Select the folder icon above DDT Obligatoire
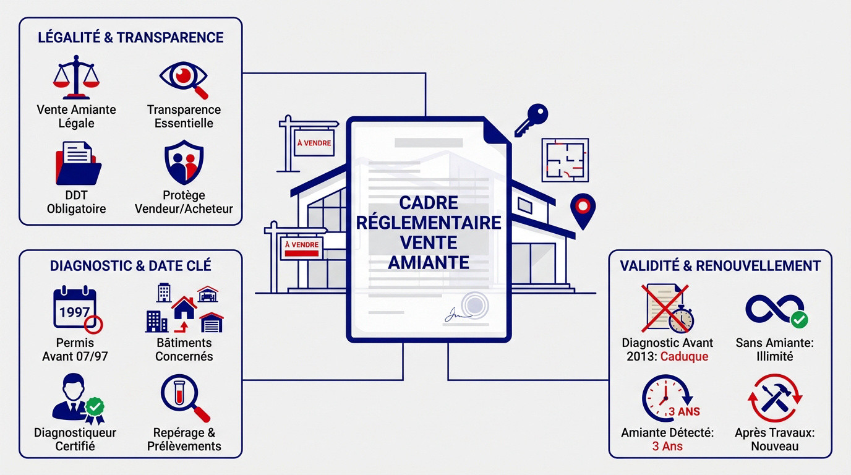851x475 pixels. point(77,164)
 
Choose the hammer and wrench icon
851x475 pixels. point(774,396)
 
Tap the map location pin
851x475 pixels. point(582,210)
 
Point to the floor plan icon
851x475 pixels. point(564,160)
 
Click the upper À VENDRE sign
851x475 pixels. point(314,143)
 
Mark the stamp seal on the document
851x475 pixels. point(474,305)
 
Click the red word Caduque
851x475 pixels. point(684,356)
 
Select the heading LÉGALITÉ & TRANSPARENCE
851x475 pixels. point(130,38)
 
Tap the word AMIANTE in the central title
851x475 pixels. point(428,262)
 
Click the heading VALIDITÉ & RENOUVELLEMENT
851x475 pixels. point(720,266)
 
